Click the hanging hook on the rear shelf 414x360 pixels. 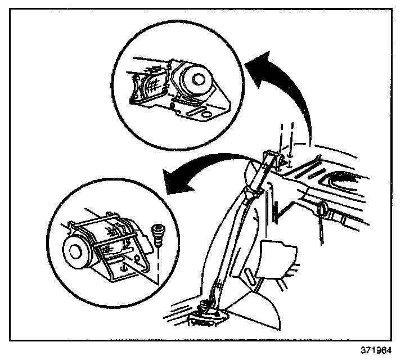click(322, 210)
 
